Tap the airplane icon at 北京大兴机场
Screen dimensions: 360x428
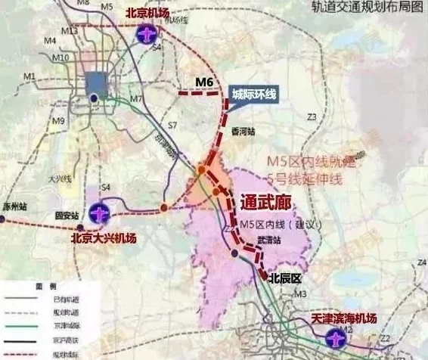98,214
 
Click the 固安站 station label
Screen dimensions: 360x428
67,216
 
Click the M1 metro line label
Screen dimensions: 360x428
30,76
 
